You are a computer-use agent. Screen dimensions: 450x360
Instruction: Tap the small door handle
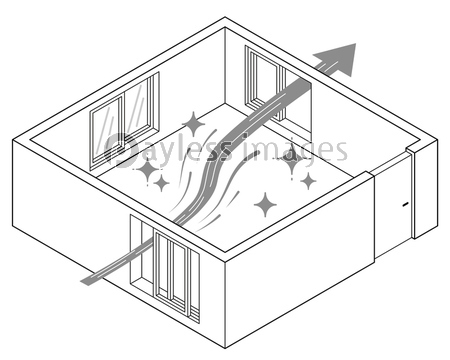point(405,204)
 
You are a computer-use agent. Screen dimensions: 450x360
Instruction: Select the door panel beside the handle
point(393,207)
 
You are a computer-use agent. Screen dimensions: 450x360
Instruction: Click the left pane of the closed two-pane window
point(107,132)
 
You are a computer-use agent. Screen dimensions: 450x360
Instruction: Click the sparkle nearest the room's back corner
point(193,124)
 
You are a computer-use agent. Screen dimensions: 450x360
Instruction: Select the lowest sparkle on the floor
point(265,205)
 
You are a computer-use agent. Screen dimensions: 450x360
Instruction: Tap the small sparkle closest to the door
point(308,181)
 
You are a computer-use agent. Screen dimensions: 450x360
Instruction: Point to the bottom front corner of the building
point(225,348)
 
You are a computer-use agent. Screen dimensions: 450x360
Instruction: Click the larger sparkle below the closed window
point(147,170)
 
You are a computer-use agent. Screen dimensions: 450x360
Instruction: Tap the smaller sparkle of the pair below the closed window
point(161,183)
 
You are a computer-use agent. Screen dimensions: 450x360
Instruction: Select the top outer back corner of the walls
point(225,17)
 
